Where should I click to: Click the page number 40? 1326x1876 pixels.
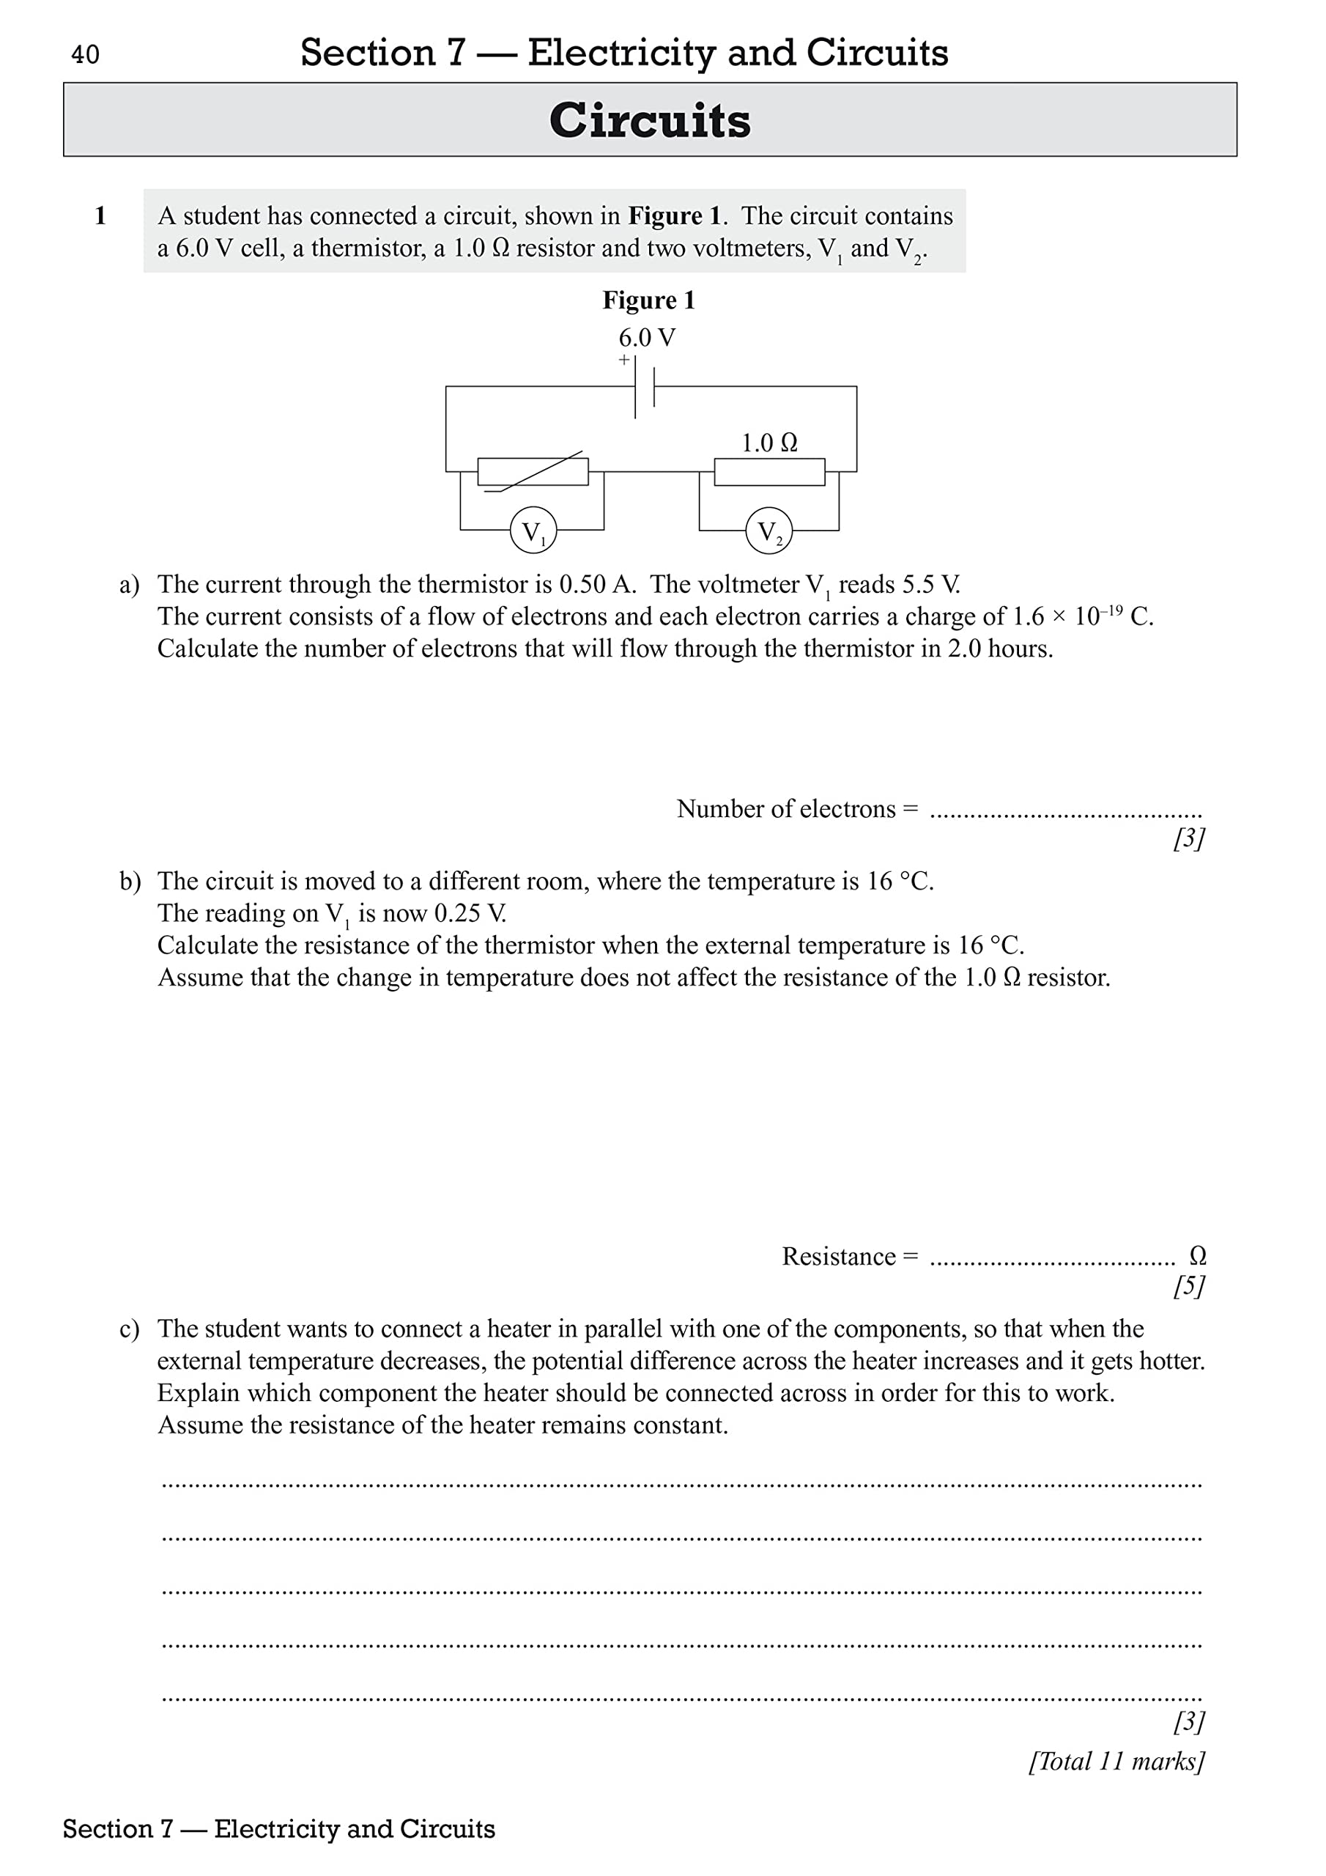pos(85,55)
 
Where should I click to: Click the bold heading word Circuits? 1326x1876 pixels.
pos(650,121)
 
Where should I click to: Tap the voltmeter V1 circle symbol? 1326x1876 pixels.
pos(533,531)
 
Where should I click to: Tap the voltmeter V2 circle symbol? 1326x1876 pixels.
pos(768,531)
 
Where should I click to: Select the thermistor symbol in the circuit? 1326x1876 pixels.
pos(533,471)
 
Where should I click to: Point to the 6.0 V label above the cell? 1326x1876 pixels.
pos(646,337)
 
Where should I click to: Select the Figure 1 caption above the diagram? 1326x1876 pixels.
pos(648,300)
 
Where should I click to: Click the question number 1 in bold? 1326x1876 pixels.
pos(100,215)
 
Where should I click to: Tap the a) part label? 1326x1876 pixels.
pos(129,585)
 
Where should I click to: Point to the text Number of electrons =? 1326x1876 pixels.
pos(796,809)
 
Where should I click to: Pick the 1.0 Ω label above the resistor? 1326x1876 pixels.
pos(768,443)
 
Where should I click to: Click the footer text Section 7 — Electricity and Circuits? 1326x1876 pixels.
pos(278,1828)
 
